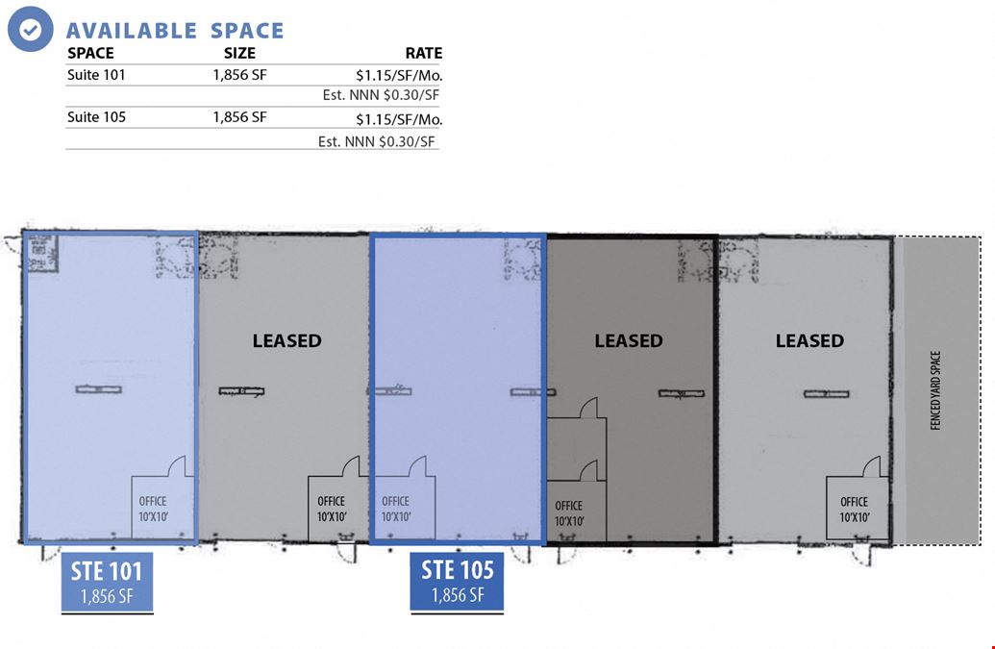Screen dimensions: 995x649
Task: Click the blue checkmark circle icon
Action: [31, 29]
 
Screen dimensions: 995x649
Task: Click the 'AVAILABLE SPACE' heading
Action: [175, 31]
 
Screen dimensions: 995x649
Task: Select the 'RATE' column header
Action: [424, 53]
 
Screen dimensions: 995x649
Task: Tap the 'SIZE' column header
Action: [239, 53]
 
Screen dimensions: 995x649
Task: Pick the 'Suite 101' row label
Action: [96, 75]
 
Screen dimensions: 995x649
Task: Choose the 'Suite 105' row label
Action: [96, 117]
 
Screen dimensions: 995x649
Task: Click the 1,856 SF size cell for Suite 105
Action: [240, 117]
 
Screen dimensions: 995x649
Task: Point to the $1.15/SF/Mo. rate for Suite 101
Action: [399, 76]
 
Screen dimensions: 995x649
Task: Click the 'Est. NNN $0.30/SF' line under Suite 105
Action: [376, 141]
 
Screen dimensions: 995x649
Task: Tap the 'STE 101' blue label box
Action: [107, 582]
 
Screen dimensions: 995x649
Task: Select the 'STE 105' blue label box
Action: [457, 581]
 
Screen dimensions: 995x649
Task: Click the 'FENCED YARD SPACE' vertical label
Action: [935, 390]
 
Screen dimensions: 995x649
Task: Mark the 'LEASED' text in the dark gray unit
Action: [628, 340]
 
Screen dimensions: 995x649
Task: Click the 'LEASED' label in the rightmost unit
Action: [809, 340]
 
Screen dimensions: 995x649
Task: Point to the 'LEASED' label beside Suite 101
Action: [286, 340]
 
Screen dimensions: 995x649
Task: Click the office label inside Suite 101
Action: [153, 509]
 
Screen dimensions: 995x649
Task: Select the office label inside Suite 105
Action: [396, 509]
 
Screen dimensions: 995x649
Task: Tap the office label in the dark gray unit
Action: [569, 513]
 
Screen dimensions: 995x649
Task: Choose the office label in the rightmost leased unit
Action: [854, 510]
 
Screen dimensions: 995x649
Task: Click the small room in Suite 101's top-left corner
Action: [43, 253]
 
